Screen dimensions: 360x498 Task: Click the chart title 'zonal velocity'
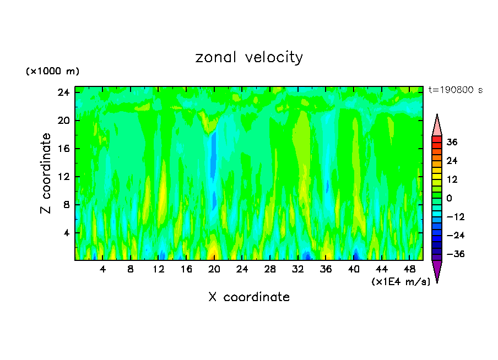point(249,57)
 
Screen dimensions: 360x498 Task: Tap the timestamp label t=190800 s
point(456,90)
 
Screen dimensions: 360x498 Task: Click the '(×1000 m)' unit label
point(53,72)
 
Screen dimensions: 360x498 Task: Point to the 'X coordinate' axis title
point(249,297)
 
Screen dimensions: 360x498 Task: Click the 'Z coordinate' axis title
point(46,173)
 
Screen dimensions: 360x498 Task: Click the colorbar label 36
point(452,142)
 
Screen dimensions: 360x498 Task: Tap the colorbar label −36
point(455,254)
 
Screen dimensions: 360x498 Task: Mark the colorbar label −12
point(455,217)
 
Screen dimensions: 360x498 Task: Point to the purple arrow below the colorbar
point(437,271)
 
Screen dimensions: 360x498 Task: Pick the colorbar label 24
point(452,161)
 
